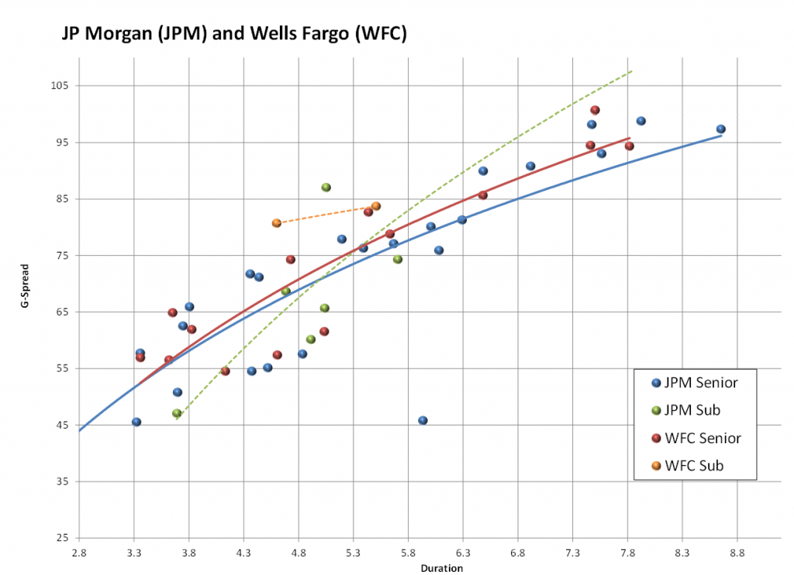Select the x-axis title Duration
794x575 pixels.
[441, 569]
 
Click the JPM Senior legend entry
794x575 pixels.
[696, 382]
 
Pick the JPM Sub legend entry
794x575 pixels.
[689, 410]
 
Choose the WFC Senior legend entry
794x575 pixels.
[696, 438]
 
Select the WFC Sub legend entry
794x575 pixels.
[689, 466]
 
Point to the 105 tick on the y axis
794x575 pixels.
[60, 86]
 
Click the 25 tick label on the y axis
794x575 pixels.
[63, 539]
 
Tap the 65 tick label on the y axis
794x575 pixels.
[63, 312]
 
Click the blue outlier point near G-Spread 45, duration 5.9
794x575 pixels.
[423, 420]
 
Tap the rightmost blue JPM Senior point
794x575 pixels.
[720, 129]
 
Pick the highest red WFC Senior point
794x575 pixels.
[595, 110]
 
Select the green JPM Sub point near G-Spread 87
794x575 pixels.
[326, 188]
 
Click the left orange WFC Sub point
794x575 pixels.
[277, 223]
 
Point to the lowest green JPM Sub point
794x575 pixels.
[177, 413]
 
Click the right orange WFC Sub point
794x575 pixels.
[376, 206]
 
